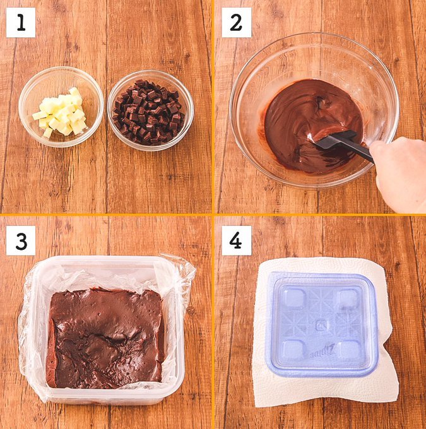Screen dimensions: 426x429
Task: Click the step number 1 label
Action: (21, 23)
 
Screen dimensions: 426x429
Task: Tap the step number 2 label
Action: (236, 23)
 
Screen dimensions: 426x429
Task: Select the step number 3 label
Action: (21, 240)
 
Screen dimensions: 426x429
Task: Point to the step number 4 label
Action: (236, 240)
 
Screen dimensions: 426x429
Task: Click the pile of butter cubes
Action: (61, 112)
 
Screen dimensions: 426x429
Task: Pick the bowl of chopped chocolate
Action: (151, 110)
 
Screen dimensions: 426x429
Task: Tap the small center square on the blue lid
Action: (321, 326)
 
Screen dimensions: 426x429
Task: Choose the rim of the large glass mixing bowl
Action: (315, 35)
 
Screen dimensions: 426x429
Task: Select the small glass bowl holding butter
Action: (61, 107)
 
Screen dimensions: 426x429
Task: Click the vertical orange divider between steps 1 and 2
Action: (213, 107)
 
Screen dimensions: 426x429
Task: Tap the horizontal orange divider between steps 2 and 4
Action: (319, 214)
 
